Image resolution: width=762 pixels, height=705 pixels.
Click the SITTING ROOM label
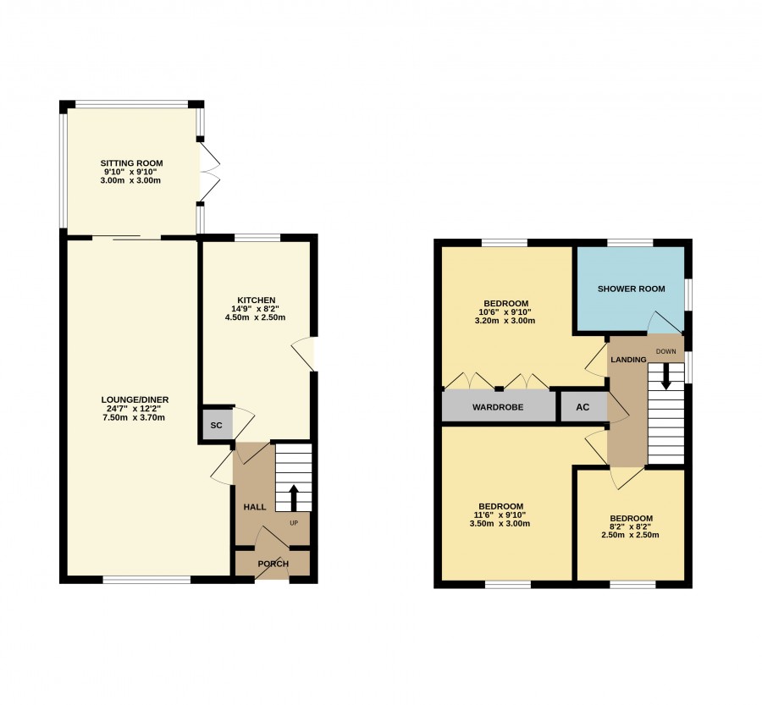tap(132, 163)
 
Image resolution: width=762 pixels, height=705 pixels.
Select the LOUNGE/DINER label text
tap(135, 399)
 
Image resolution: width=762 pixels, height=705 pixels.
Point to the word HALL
tap(255, 507)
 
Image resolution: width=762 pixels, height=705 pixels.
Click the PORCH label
tap(273, 564)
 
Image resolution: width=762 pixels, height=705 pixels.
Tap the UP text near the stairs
tap(294, 523)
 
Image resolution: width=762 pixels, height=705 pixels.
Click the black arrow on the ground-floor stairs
tap(294, 497)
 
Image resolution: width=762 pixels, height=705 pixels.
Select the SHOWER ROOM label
tap(632, 289)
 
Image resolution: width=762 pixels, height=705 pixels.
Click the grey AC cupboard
tap(583, 407)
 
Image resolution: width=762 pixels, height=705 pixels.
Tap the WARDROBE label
tap(498, 407)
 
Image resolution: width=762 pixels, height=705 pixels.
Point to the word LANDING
tap(628, 360)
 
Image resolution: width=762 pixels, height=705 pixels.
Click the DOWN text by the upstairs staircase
tap(665, 351)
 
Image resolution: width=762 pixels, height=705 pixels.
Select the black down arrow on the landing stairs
tap(665, 376)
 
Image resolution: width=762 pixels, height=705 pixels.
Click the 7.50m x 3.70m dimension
tap(134, 417)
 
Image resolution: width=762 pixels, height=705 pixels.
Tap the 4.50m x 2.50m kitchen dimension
tap(255, 317)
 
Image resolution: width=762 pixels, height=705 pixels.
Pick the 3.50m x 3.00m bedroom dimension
tap(500, 523)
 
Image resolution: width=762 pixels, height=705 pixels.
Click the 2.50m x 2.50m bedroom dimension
tap(630, 535)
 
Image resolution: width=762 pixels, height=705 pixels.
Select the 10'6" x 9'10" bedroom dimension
tap(505, 312)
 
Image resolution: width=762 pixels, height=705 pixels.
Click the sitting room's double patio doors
tap(209, 171)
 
